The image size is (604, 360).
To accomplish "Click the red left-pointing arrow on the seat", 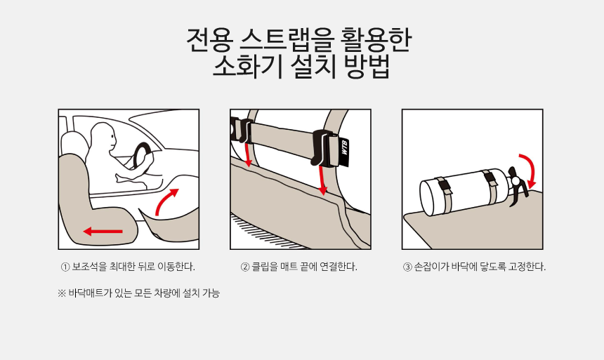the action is pos(103,232).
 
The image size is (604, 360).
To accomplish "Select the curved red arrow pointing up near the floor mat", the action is pos(166,201).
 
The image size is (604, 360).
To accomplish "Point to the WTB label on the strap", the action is pos(344,147).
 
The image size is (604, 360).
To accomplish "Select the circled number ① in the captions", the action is pos(65,267).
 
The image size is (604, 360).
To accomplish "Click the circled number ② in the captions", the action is pos(245,267).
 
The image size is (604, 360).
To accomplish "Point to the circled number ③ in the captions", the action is pos(407,267).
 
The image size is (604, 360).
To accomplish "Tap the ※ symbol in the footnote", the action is pos(62,293).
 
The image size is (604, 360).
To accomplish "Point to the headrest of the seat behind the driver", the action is pos(74,143).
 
